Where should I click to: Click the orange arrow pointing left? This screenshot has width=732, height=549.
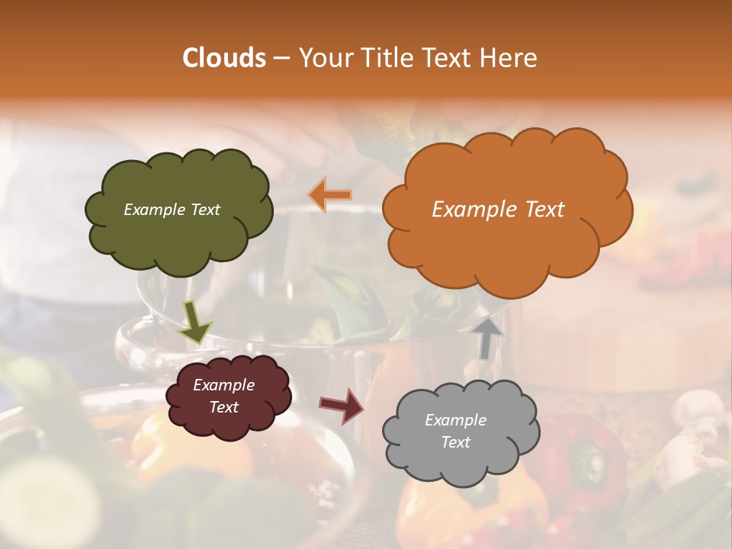[329, 194]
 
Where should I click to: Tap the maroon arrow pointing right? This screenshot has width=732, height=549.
[342, 405]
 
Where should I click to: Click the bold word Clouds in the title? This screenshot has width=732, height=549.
[224, 58]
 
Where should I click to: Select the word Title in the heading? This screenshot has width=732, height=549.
[385, 58]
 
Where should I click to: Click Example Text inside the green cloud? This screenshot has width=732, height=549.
[172, 210]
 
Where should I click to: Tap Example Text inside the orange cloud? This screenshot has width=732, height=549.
[498, 210]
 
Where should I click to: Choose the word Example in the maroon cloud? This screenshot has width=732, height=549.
[224, 385]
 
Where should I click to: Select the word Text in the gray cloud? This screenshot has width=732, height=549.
[456, 442]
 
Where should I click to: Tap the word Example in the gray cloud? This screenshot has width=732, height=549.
[456, 420]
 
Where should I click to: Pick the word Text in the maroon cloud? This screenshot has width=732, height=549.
[224, 407]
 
